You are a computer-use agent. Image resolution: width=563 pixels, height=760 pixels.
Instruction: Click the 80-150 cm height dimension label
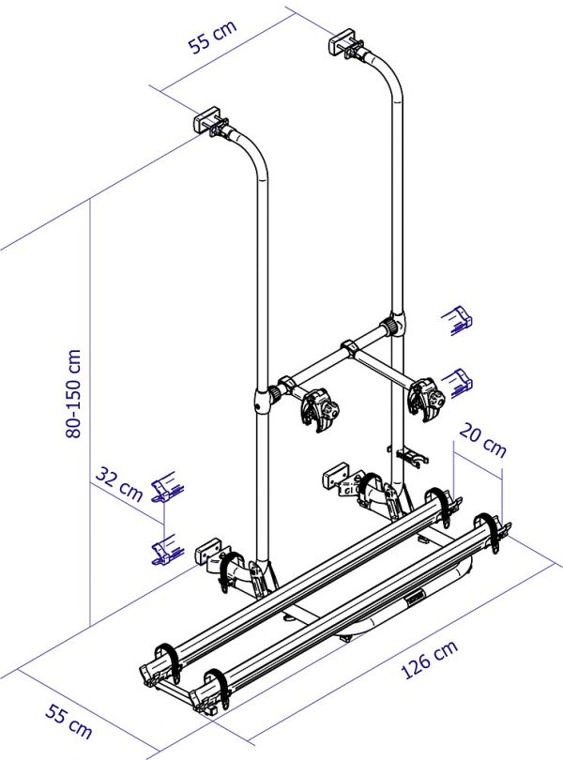pyautogui.click(x=73, y=393)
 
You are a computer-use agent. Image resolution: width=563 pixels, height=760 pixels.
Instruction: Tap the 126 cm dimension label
pyautogui.click(x=430, y=660)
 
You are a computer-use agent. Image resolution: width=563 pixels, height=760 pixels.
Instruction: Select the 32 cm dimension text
pyautogui.click(x=119, y=484)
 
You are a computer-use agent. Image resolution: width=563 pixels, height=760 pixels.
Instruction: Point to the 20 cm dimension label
pyautogui.click(x=482, y=440)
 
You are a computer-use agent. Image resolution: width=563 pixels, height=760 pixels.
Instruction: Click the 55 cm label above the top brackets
pyautogui.click(x=212, y=36)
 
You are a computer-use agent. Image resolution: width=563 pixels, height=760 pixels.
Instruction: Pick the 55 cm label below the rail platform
pyautogui.click(x=68, y=722)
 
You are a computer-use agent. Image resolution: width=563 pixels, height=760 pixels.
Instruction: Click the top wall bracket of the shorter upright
pyautogui.click(x=207, y=119)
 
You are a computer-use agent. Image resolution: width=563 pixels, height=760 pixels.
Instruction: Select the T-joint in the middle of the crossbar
pyautogui.click(x=349, y=348)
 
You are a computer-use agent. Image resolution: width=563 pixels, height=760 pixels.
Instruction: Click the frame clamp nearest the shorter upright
pyautogui.click(x=320, y=407)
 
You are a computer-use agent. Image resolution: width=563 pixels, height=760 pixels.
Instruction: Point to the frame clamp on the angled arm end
pyautogui.click(x=426, y=399)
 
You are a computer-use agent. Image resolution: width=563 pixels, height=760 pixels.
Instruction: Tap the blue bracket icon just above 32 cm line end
pyautogui.click(x=167, y=486)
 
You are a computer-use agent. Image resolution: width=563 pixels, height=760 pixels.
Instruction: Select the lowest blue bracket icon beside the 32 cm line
pyautogui.click(x=167, y=550)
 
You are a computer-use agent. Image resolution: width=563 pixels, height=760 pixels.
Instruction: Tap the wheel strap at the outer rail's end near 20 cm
pyautogui.click(x=491, y=532)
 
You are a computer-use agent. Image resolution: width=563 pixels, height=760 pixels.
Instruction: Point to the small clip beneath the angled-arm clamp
pyautogui.click(x=409, y=455)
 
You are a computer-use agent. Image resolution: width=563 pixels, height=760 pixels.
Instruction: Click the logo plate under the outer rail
pyautogui.click(x=415, y=598)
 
